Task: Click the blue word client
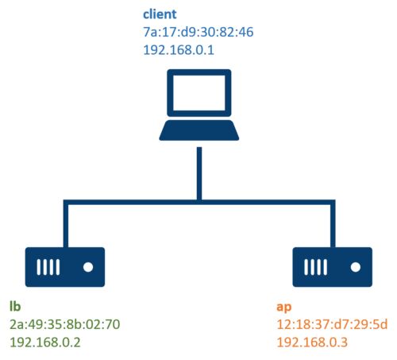[x=160, y=14]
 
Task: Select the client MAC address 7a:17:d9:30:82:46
[x=198, y=32]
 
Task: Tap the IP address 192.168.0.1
[x=179, y=50]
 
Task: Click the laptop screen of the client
[x=199, y=93]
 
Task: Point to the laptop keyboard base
[x=199, y=130]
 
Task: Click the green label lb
[x=15, y=306]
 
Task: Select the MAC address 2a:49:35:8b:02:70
[x=65, y=324]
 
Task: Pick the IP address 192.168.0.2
[x=45, y=343]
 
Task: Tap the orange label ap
[x=284, y=308]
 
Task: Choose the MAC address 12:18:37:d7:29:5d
[x=332, y=324]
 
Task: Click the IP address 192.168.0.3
[x=312, y=343]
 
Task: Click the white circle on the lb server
[x=88, y=267]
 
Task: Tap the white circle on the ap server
[x=356, y=267]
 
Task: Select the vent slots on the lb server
[x=48, y=267]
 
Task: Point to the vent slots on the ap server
[x=315, y=267]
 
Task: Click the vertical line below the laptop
[x=199, y=173]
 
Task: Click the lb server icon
[x=65, y=267]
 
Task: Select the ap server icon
[x=333, y=267]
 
